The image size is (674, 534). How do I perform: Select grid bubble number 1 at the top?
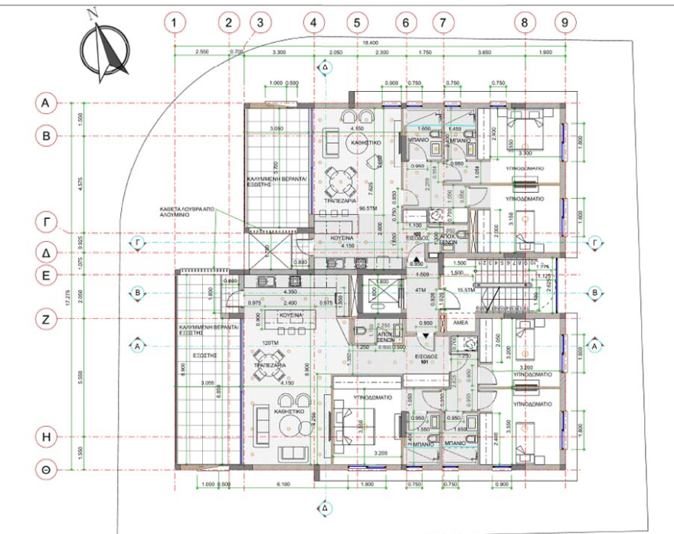coord(175,23)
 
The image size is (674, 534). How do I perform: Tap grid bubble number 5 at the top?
coord(356,23)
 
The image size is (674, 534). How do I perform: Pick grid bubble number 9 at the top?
coord(564,23)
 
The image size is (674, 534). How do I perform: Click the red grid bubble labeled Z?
coord(46,321)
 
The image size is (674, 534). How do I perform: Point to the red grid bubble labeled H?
coord(46,436)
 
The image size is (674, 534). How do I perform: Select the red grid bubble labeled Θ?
coord(46,470)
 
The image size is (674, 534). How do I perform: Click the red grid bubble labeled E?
coord(46,275)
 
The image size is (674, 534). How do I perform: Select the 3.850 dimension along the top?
coord(483,52)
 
